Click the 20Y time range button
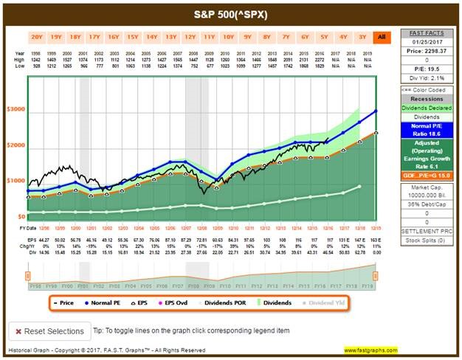point(37,36)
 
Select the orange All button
point(382,36)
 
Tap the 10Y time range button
point(228,36)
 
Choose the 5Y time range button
point(324,36)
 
